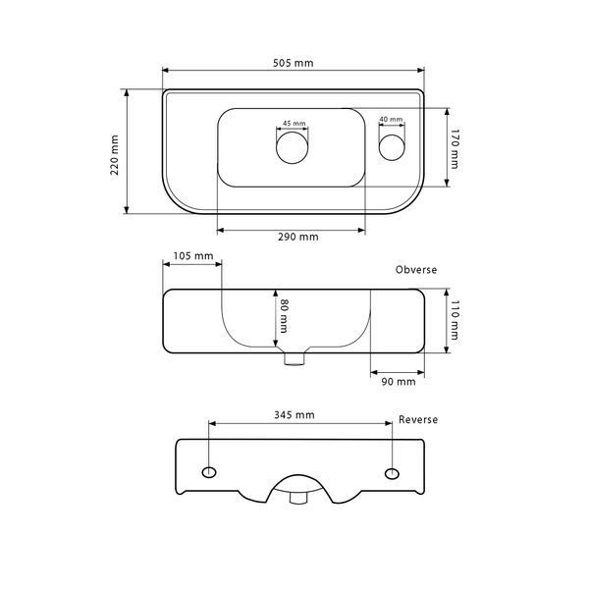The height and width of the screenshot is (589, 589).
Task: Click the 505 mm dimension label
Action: click(x=293, y=63)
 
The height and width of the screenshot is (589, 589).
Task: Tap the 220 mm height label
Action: click(x=115, y=155)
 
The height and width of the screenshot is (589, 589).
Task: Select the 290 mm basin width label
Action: click(x=298, y=237)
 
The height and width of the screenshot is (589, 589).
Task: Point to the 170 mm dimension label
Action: click(x=455, y=149)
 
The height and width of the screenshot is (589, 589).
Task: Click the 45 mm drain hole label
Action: click(x=294, y=124)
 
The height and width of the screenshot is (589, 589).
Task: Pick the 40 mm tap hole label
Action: click(x=391, y=119)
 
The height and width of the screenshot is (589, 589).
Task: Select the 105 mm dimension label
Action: click(x=193, y=256)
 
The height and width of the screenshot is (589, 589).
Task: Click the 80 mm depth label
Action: click(x=285, y=316)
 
